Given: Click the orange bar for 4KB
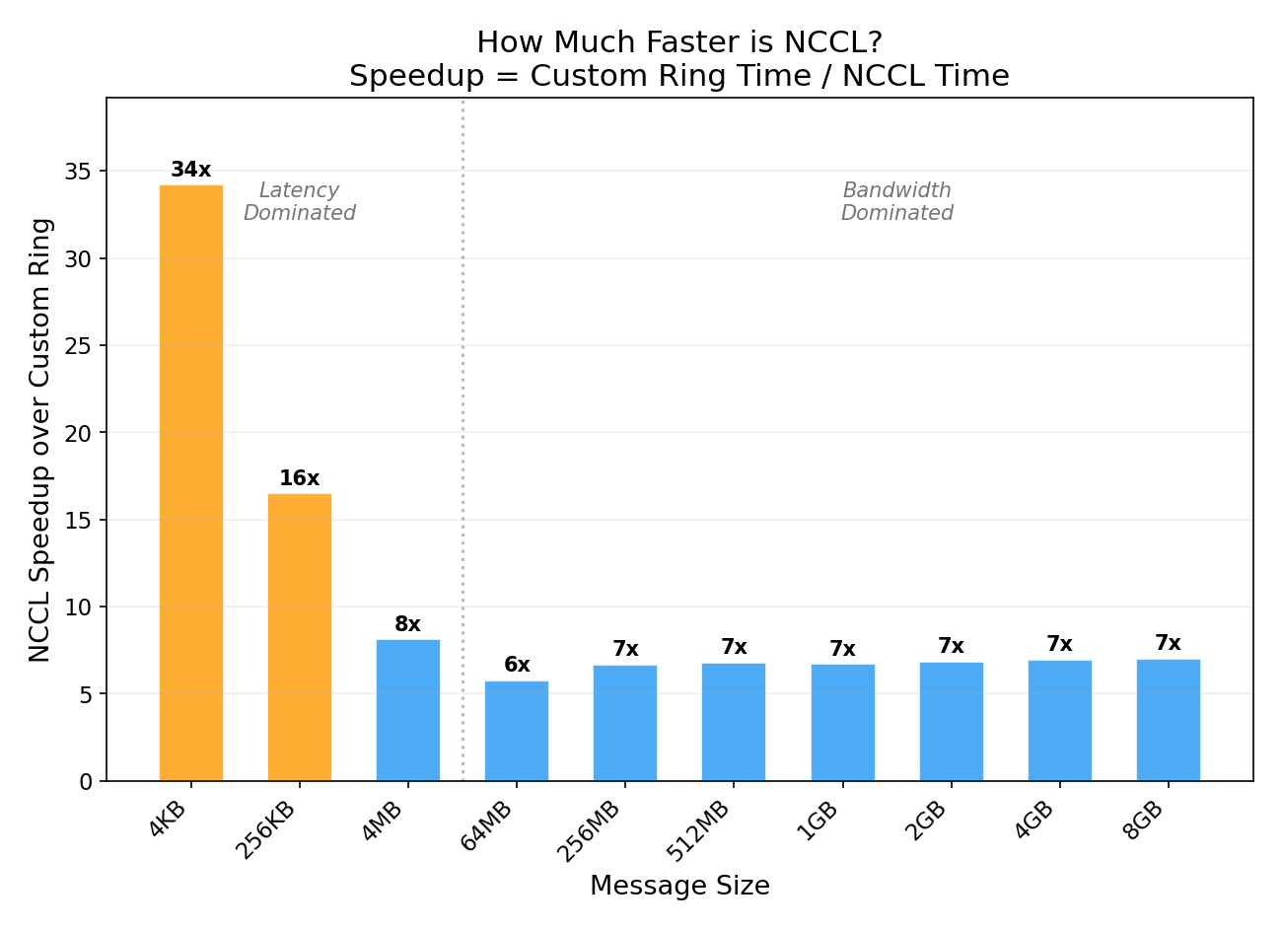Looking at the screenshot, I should pos(191,483).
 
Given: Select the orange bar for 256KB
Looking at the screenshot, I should pos(300,637).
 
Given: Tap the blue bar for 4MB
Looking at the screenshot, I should pos(408,710).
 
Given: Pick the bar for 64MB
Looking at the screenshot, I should pos(517,731).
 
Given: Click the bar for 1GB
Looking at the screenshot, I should pos(843,723).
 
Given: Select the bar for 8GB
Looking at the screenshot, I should pos(1169,720).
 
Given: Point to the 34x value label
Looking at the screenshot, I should pos(191,170).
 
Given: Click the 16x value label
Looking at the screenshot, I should pos(300,478).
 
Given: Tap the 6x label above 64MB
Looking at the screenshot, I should pos(517,665).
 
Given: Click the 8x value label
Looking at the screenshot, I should pos(408,624).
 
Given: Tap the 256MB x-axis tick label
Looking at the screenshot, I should pos(590,830).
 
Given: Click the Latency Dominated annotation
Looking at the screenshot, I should pos(300,201).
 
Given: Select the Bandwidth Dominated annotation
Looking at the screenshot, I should pos(897,201).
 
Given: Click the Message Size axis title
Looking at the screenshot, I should pos(679,886).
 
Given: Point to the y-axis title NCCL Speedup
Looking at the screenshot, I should pos(40,440).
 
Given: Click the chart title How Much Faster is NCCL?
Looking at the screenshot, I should pos(679,43).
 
